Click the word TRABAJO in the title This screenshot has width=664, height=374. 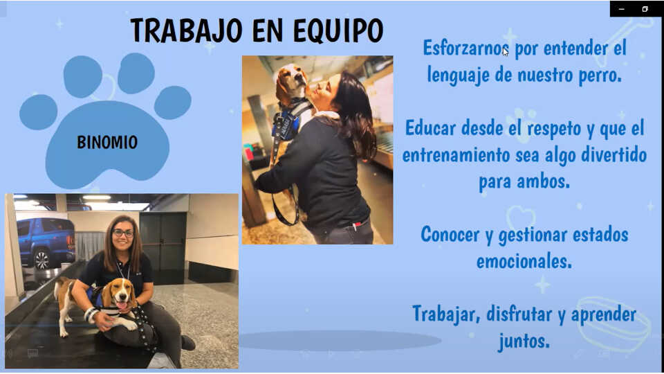[x=186, y=30]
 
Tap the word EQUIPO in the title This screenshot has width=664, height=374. [x=338, y=30]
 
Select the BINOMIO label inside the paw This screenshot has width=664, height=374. [x=107, y=142]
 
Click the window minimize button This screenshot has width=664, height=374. [x=621, y=9]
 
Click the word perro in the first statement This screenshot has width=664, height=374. [x=600, y=75]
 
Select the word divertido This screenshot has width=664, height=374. [x=614, y=154]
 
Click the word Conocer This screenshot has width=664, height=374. [x=450, y=234]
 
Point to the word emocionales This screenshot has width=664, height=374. [x=524, y=261]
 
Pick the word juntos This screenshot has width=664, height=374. [x=524, y=341]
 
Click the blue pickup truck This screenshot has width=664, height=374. [x=46, y=243]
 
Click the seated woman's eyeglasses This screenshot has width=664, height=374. [x=123, y=233]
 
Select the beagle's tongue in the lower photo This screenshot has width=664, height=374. [x=122, y=305]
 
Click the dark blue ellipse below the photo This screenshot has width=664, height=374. [x=341, y=341]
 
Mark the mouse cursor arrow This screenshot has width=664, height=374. [x=506, y=52]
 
